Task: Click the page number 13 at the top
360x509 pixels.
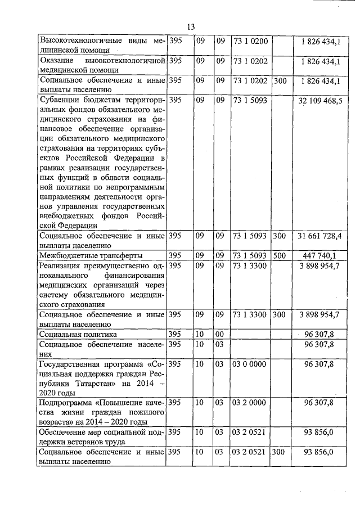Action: [x=190, y=27]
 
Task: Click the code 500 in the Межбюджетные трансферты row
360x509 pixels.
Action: [x=280, y=255]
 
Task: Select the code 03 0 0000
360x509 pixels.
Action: [x=249, y=364]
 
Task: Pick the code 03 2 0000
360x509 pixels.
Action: [x=249, y=403]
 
